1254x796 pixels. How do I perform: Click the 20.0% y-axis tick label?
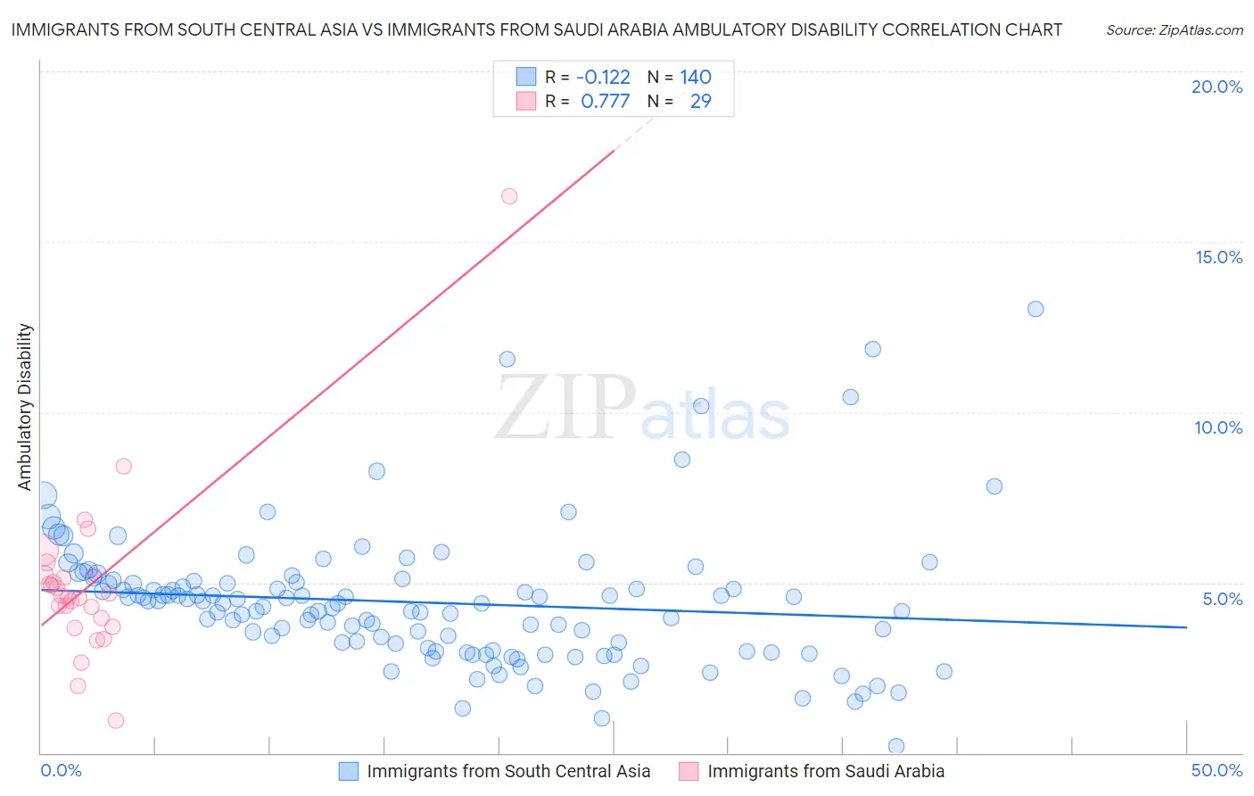pyautogui.click(x=1217, y=87)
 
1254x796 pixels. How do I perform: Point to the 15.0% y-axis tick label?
pyautogui.click(x=1218, y=257)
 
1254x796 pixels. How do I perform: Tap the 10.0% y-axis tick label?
pyautogui.click(x=1218, y=427)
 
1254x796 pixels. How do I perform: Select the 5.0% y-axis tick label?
pyautogui.click(x=1222, y=599)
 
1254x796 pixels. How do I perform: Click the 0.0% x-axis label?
pyautogui.click(x=61, y=770)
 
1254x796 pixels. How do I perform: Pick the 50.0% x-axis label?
pyautogui.click(x=1217, y=770)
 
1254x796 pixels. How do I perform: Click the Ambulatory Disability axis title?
pyautogui.click(x=25, y=407)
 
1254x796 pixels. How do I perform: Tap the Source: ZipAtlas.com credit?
pyautogui.click(x=1174, y=29)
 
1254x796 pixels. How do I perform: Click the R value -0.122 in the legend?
pyautogui.click(x=603, y=78)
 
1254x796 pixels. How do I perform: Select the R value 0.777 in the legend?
pyautogui.click(x=605, y=102)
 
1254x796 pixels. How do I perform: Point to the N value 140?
pyautogui.click(x=696, y=78)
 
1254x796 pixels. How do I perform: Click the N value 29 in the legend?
pyautogui.click(x=701, y=102)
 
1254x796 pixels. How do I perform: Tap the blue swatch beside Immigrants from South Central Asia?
pyautogui.click(x=348, y=771)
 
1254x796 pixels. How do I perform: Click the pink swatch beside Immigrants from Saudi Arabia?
pyautogui.click(x=689, y=771)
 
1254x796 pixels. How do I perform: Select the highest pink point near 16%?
pyautogui.click(x=509, y=196)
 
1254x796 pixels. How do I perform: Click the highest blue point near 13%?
pyautogui.click(x=1035, y=309)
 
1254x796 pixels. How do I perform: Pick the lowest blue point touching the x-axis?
pyautogui.click(x=896, y=746)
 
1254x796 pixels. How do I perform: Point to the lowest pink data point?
pyautogui.click(x=115, y=720)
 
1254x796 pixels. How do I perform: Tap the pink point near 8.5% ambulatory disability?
pyautogui.click(x=124, y=466)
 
